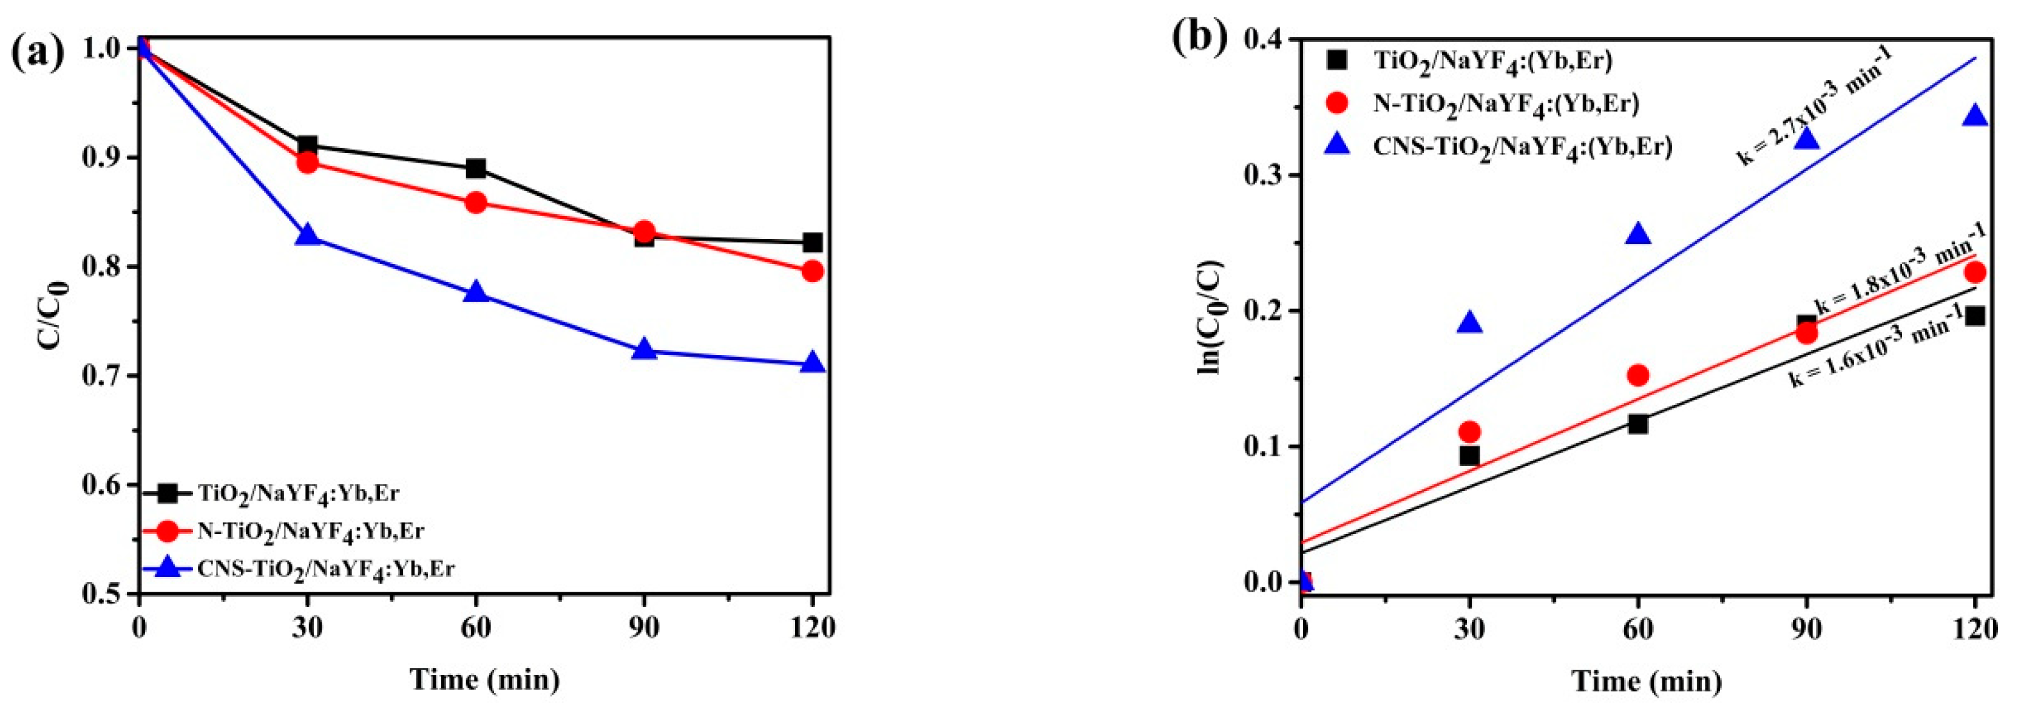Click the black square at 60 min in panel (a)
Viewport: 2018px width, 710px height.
click(475, 169)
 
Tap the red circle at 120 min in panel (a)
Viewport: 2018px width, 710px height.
click(813, 271)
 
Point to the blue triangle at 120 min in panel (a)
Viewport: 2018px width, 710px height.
click(813, 363)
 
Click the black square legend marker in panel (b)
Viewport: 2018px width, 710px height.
click(1338, 59)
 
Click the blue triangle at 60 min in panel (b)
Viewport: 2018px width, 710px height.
click(1638, 234)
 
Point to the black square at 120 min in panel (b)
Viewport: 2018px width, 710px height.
click(1975, 316)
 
